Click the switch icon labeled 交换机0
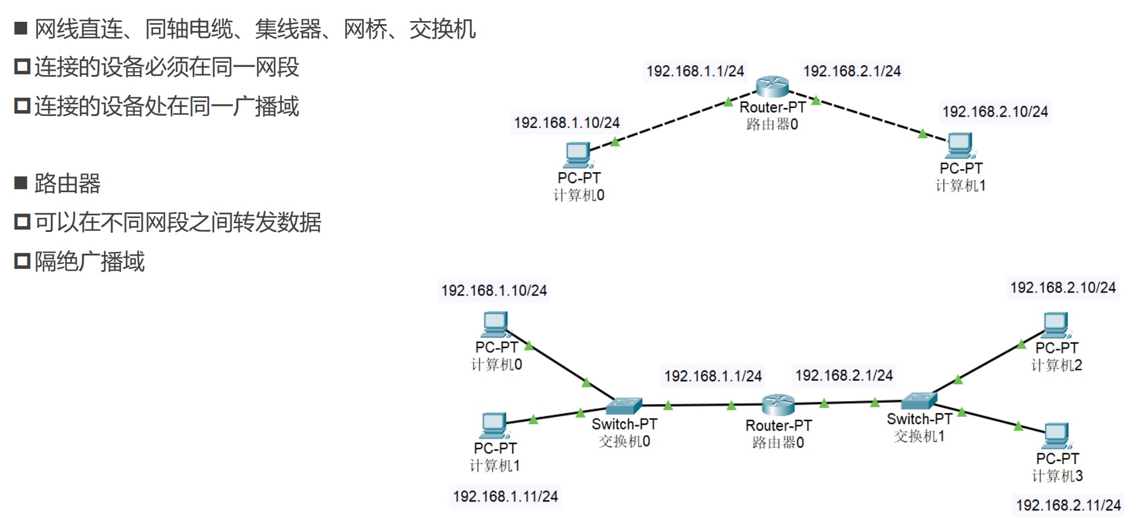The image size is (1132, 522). pos(624,406)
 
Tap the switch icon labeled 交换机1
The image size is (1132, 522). pos(919,401)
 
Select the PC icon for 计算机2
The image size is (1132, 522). pos(1056,326)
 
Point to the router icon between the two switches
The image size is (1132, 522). pos(778,404)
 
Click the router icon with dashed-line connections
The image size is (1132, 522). pos(772,86)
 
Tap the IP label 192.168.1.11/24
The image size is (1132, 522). pos(506,497)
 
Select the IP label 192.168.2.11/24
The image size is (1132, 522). pos(1068,505)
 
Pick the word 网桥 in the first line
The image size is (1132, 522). pos(365,29)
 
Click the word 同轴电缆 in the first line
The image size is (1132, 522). pos(189,29)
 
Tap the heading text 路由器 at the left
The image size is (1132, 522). pos(68,184)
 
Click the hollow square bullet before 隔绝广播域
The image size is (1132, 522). pos(22,262)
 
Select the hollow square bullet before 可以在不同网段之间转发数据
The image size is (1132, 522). pos(22,222)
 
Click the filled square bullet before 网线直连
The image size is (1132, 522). pos(21,28)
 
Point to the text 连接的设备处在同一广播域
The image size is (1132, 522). pos(167,106)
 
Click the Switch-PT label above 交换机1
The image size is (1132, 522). pos(919,419)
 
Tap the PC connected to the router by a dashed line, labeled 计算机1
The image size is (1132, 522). pos(960,145)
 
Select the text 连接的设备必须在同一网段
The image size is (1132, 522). pos(167,67)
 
